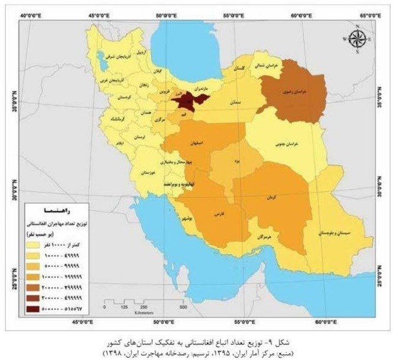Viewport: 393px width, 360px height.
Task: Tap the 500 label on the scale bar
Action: [x=183, y=307]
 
